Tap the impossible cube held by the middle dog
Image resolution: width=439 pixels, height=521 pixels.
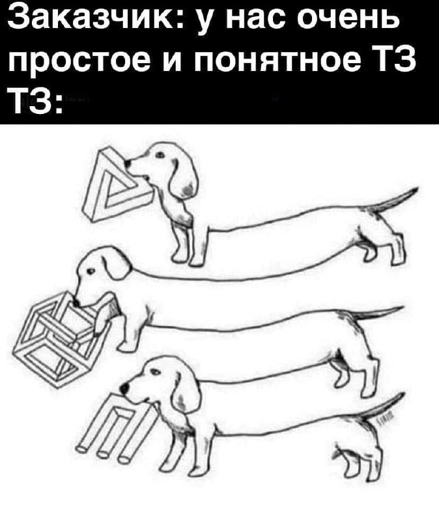(63, 335)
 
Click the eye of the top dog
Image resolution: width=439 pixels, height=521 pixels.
(160, 155)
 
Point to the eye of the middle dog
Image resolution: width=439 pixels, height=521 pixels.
(90, 271)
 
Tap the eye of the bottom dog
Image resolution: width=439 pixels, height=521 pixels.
(153, 371)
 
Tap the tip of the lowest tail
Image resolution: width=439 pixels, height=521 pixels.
(404, 393)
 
